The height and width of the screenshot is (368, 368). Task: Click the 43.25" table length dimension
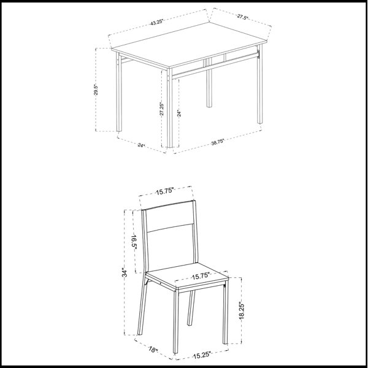click(x=156, y=22)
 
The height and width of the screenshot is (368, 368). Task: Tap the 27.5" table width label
click(x=242, y=17)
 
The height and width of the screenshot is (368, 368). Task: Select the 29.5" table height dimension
click(x=96, y=90)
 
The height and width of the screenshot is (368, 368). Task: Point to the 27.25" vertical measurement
click(x=162, y=109)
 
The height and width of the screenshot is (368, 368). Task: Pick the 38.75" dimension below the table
click(x=218, y=142)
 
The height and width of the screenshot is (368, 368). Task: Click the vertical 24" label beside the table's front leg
click(x=179, y=113)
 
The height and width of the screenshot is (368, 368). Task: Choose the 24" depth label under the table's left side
click(x=141, y=145)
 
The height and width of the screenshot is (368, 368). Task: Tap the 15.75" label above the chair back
click(x=165, y=192)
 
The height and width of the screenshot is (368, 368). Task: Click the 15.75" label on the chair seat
click(x=201, y=276)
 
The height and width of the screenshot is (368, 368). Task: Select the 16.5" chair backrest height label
click(x=134, y=242)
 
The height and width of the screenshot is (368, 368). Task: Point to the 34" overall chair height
click(x=125, y=272)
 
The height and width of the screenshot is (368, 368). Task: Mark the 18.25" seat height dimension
click(x=242, y=311)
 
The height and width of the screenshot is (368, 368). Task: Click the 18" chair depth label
click(x=153, y=350)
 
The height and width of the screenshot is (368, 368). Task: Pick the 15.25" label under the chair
click(x=202, y=355)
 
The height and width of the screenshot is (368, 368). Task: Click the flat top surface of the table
click(x=189, y=44)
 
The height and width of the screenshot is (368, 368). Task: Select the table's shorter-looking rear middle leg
click(x=209, y=83)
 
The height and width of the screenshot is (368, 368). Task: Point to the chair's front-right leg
click(x=226, y=314)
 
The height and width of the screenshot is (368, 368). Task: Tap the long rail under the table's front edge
click(x=215, y=66)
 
